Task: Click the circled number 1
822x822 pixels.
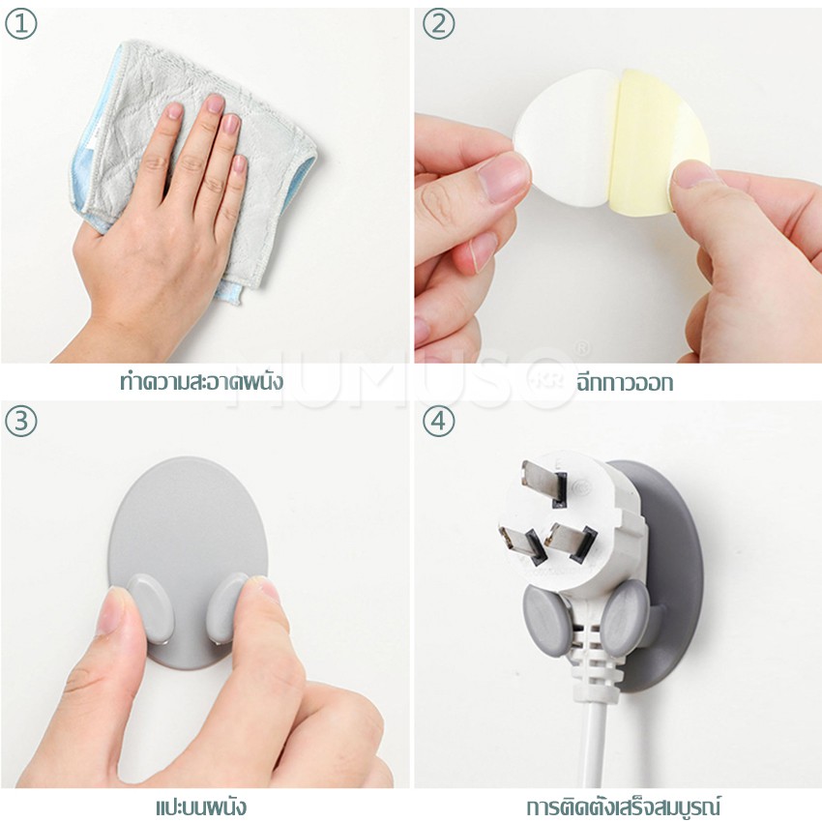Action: click(x=21, y=23)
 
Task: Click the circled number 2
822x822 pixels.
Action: click(x=438, y=23)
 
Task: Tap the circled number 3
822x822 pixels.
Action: click(x=21, y=421)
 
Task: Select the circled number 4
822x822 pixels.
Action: click(x=438, y=421)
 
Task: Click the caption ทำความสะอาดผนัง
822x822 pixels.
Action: click(x=202, y=381)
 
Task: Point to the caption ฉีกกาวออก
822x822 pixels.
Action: click(x=624, y=383)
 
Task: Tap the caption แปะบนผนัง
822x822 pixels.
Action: click(x=201, y=807)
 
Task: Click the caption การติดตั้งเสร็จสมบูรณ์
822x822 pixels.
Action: click(x=624, y=806)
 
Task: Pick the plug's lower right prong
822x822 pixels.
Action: click(x=571, y=541)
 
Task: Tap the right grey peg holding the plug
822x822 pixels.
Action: click(x=625, y=618)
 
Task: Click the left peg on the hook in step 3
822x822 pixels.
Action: click(x=149, y=608)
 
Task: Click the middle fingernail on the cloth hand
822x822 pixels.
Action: click(x=214, y=103)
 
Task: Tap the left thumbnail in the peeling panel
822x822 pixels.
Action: click(x=502, y=177)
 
